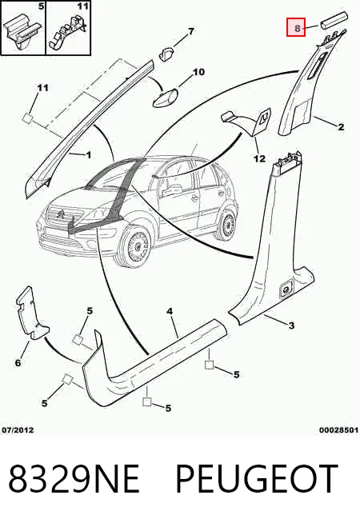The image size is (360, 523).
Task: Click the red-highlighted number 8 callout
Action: tap(296, 27)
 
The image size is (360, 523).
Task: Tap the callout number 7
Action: tap(191, 32)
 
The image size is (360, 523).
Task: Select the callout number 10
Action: tap(198, 72)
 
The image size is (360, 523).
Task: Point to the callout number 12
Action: tap(259, 158)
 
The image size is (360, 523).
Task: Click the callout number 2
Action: tap(341, 126)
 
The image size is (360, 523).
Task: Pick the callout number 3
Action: tap(291, 325)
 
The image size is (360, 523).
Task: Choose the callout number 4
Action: tap(170, 312)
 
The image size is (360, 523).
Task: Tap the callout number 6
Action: tap(18, 362)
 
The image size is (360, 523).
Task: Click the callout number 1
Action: tap(89, 155)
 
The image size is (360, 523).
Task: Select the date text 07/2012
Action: tap(18, 430)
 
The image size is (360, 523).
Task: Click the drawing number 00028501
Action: tap(338, 430)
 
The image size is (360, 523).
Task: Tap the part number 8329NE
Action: tap(74, 479)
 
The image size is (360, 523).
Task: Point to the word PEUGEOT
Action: tap(257, 479)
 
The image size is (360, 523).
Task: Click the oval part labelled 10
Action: tap(165, 98)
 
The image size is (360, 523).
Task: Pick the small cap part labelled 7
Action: tap(166, 54)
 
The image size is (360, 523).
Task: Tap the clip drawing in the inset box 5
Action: tap(22, 32)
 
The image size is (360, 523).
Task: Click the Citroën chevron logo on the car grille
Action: tap(62, 214)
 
